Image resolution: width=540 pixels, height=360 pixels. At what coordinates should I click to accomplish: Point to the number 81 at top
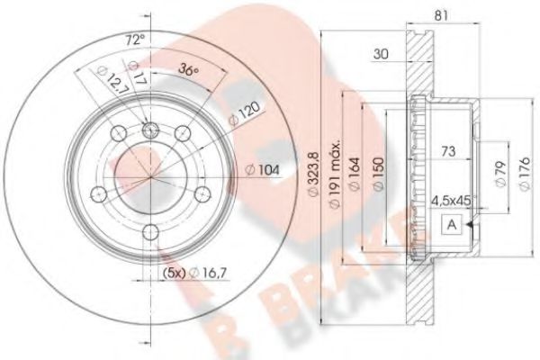439,14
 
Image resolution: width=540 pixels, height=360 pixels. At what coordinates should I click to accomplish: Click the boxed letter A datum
448,225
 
